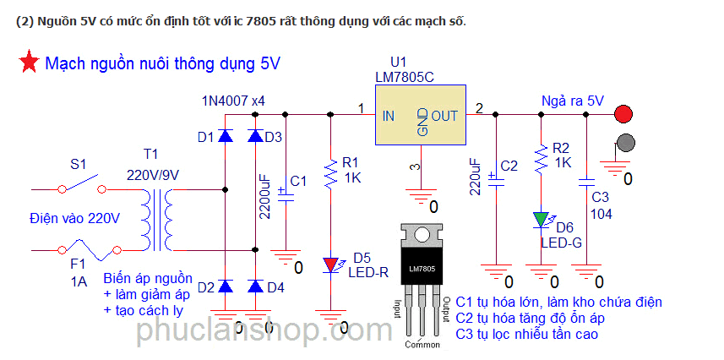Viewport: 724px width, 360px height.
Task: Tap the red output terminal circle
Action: (x=624, y=113)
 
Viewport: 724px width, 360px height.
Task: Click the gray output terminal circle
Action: (x=624, y=141)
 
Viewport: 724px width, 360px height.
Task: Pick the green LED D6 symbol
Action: (x=542, y=221)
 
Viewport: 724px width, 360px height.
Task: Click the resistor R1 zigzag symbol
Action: (x=330, y=172)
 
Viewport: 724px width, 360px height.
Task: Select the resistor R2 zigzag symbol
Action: (x=542, y=156)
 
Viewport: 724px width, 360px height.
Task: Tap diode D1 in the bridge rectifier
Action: (x=225, y=136)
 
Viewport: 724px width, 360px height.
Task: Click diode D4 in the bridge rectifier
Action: (x=255, y=287)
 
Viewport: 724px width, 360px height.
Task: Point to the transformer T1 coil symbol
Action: (x=158, y=215)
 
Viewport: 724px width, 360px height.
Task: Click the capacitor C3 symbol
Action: (x=585, y=181)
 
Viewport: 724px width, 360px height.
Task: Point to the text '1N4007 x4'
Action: (x=233, y=101)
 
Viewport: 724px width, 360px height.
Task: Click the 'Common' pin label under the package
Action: (x=422, y=345)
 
